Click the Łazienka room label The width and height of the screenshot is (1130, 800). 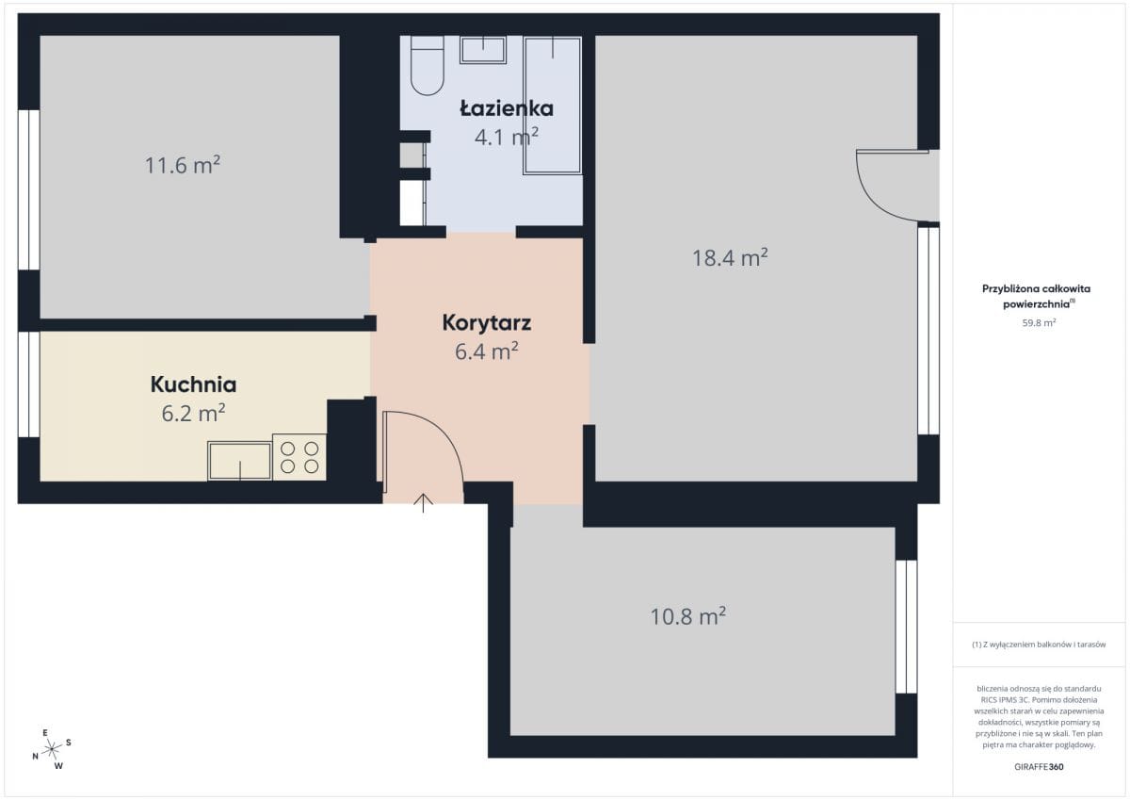[507, 108]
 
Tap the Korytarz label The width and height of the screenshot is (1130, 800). [487, 323]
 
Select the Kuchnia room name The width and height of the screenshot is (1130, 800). [194, 384]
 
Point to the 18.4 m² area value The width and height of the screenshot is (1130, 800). [730, 257]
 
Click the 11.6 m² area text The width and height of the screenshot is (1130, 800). [183, 165]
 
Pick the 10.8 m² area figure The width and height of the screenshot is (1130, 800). [688, 615]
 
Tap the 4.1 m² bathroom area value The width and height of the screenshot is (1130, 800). [507, 137]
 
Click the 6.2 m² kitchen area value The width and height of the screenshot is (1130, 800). [194, 413]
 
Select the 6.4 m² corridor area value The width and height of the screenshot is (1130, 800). [487, 351]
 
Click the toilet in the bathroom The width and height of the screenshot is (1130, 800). [428, 66]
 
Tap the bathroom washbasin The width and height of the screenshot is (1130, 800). [483, 50]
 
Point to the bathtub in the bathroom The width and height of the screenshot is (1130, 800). [553, 106]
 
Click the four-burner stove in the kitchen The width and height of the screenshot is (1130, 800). [299, 457]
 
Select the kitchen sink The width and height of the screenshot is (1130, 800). [240, 461]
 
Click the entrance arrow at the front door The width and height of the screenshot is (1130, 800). [423, 503]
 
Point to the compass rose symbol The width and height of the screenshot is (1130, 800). [52, 749]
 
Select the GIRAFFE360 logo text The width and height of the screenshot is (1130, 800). [1040, 767]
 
